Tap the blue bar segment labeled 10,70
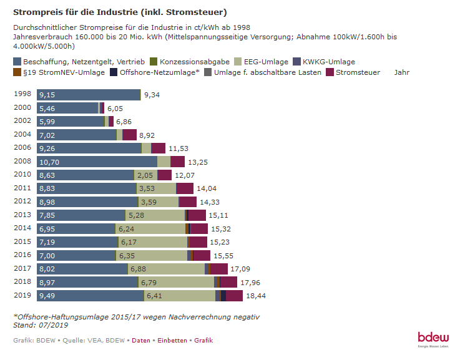pyautogui.click(x=97, y=162)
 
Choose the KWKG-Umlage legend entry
pyautogui.click(x=328, y=62)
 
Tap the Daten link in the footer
pyautogui.click(x=140, y=341)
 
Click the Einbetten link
pyautogui.click(x=172, y=341)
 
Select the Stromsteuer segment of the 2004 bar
pyautogui.click(x=129, y=135)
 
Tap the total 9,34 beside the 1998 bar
pyautogui.click(x=152, y=95)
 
